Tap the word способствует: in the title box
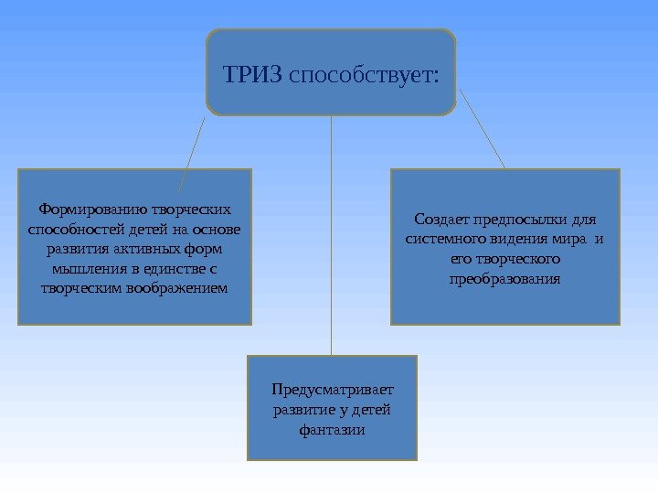coord(363,72)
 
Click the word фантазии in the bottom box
coord(332,430)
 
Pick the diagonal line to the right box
coord(482,128)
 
